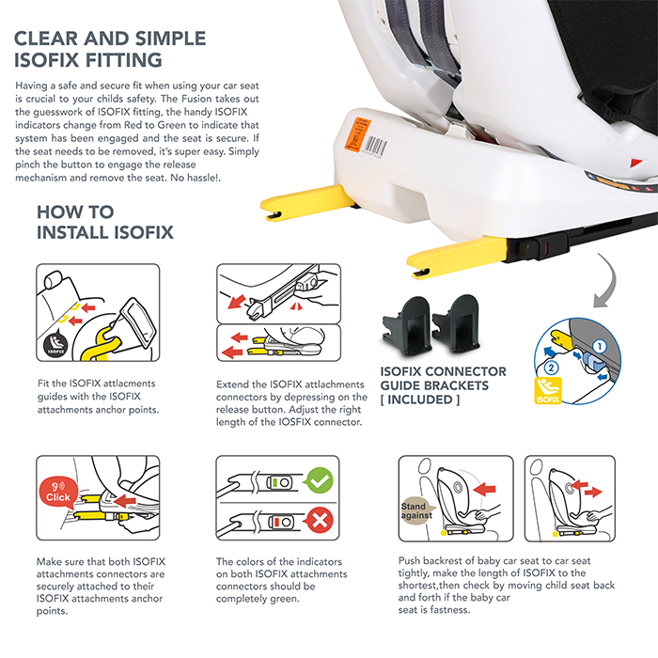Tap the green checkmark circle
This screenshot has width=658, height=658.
tap(320, 480)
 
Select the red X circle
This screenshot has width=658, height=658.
tap(320, 521)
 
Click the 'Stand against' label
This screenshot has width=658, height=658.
tap(415, 510)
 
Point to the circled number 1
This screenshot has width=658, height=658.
tap(600, 346)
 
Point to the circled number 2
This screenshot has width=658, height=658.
tap(551, 368)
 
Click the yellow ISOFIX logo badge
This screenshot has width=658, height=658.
tap(548, 391)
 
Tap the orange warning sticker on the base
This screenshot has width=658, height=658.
tap(357, 133)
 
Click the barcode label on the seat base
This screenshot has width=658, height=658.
tap(376, 147)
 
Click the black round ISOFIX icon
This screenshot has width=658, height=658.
tap(55, 344)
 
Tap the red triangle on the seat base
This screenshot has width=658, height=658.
tap(635, 163)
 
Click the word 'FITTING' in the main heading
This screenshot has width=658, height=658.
tap(124, 60)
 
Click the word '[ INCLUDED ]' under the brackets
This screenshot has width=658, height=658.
tap(420, 399)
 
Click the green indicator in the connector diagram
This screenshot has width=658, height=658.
tap(274, 482)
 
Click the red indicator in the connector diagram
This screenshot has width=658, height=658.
tap(276, 523)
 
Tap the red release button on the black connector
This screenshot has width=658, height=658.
tap(545, 250)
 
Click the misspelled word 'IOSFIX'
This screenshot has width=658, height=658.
tap(295, 422)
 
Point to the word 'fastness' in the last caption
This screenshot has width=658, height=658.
tap(450, 610)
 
